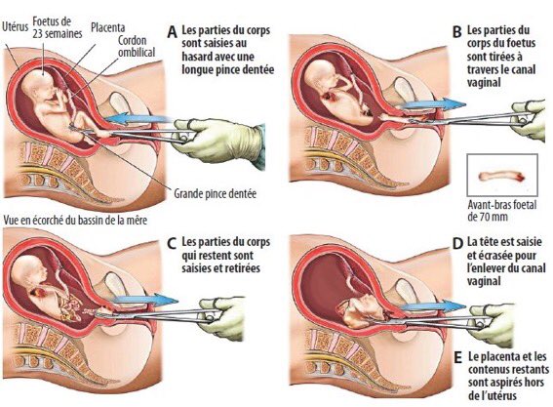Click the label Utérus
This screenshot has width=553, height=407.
click(x=15, y=27)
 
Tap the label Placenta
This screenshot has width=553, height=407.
click(x=108, y=27)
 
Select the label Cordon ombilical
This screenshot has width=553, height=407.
click(x=137, y=46)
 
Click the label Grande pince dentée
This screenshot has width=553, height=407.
click(x=216, y=193)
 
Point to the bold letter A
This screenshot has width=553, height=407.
click(x=172, y=32)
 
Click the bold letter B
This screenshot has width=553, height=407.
click(x=456, y=32)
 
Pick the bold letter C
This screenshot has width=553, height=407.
click(x=172, y=244)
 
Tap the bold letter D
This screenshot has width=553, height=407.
click(x=457, y=244)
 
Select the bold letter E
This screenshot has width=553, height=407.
click(x=457, y=357)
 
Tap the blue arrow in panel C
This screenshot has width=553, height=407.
click(x=145, y=300)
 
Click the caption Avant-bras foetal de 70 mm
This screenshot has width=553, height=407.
click(x=502, y=211)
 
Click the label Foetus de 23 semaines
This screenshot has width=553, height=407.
click(x=58, y=27)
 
